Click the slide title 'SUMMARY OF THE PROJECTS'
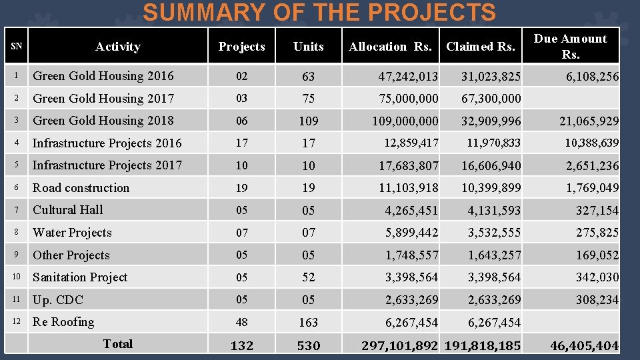click(319, 13)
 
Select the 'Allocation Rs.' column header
click(390, 47)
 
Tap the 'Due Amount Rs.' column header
click(570, 47)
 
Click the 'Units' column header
click(308, 47)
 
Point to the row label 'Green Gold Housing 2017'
click(103, 99)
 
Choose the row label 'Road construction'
click(81, 188)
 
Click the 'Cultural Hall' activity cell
click(67, 210)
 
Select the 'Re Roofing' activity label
click(63, 322)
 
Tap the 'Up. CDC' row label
click(57, 300)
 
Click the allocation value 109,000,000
click(405, 121)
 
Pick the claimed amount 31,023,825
click(491, 77)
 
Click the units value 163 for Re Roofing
click(308, 323)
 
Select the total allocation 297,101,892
click(399, 346)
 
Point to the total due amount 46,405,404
click(584, 346)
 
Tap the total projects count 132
click(241, 346)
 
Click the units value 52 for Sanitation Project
click(308, 277)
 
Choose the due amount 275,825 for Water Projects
click(597, 233)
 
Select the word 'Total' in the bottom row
click(117, 344)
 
